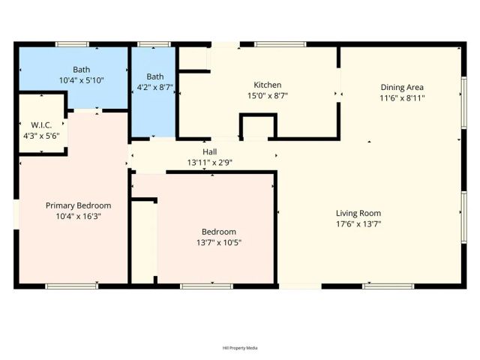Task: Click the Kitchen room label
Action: point(268,85)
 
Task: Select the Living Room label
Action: point(358,213)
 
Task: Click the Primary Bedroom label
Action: point(78,205)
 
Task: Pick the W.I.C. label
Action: point(40,124)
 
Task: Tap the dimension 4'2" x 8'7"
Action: point(154,87)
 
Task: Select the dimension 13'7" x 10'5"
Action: point(218,242)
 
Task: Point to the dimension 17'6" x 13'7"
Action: point(358,223)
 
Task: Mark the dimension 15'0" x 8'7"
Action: point(268,95)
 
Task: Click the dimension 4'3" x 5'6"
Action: point(40,136)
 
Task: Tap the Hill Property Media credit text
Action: point(240,348)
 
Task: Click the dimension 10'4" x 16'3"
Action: point(78,216)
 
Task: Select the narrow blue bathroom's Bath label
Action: point(154,76)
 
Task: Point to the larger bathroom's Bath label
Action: point(81,69)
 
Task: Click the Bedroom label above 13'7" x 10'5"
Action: point(218,232)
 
